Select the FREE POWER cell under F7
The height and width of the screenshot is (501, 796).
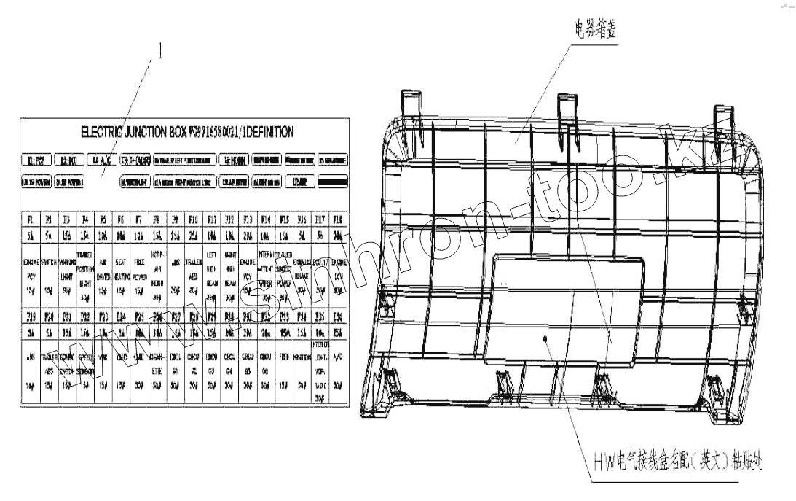pos(139,276)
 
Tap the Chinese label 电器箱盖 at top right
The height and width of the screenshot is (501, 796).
pos(596,31)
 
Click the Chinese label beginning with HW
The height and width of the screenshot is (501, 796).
pos(678,461)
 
